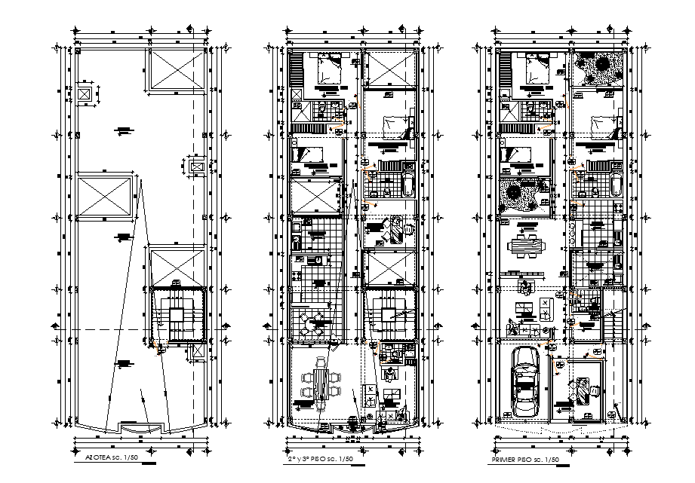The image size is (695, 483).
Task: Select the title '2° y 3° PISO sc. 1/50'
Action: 320,458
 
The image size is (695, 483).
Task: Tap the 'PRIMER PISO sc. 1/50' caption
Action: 526,458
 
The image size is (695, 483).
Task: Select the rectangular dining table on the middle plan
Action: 320,383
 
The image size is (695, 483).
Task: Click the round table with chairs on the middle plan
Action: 313,325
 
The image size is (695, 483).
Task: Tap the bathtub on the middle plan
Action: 408,184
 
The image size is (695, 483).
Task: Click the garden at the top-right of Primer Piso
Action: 597,70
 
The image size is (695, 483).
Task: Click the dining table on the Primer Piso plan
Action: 526,246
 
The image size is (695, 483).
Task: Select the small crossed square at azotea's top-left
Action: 84,95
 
